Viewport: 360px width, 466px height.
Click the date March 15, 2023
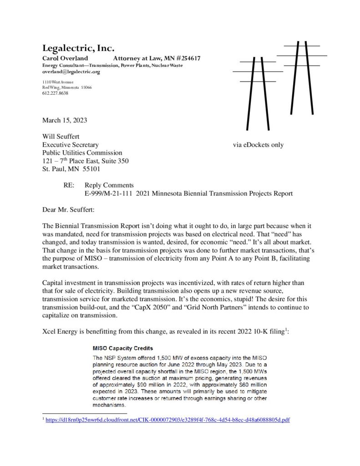pos(65,121)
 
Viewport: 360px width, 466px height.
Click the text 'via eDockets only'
pos(258,145)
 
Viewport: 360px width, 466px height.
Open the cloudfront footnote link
pos(168,420)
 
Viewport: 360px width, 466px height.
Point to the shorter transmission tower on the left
pos(258,91)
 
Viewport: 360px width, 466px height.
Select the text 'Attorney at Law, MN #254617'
pos(157,59)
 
